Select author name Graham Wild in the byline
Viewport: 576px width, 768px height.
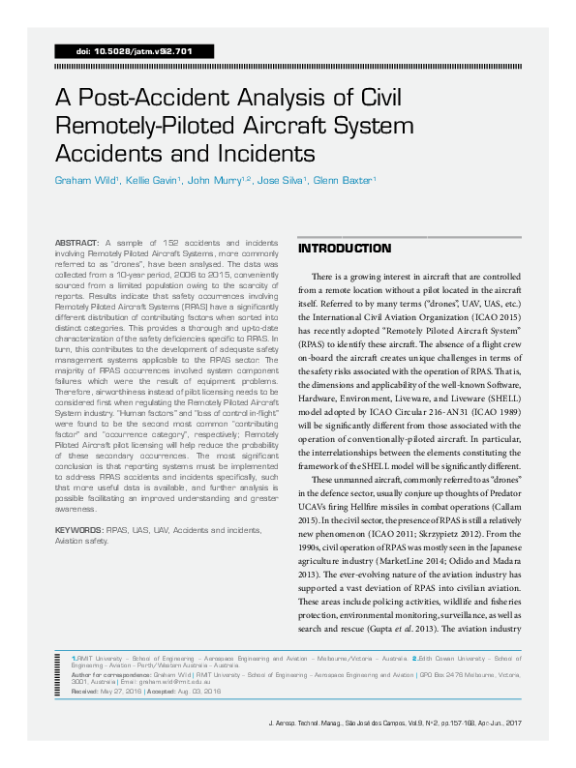coord(88,180)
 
